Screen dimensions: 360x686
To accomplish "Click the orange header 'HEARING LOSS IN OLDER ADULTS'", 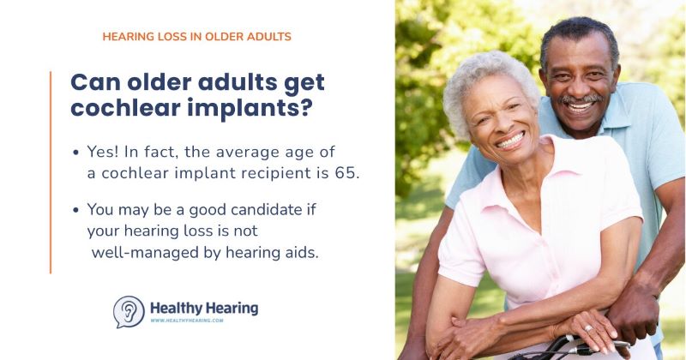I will click(196, 37).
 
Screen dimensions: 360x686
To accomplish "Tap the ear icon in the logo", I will click(129, 311).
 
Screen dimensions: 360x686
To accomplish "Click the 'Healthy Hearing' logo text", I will click(203, 308).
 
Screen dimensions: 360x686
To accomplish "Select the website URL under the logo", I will click(186, 321).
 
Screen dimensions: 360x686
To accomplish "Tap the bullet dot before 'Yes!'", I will click(76, 152).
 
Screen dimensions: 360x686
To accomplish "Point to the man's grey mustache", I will click(581, 100).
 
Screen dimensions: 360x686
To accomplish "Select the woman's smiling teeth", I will click(510, 138).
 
